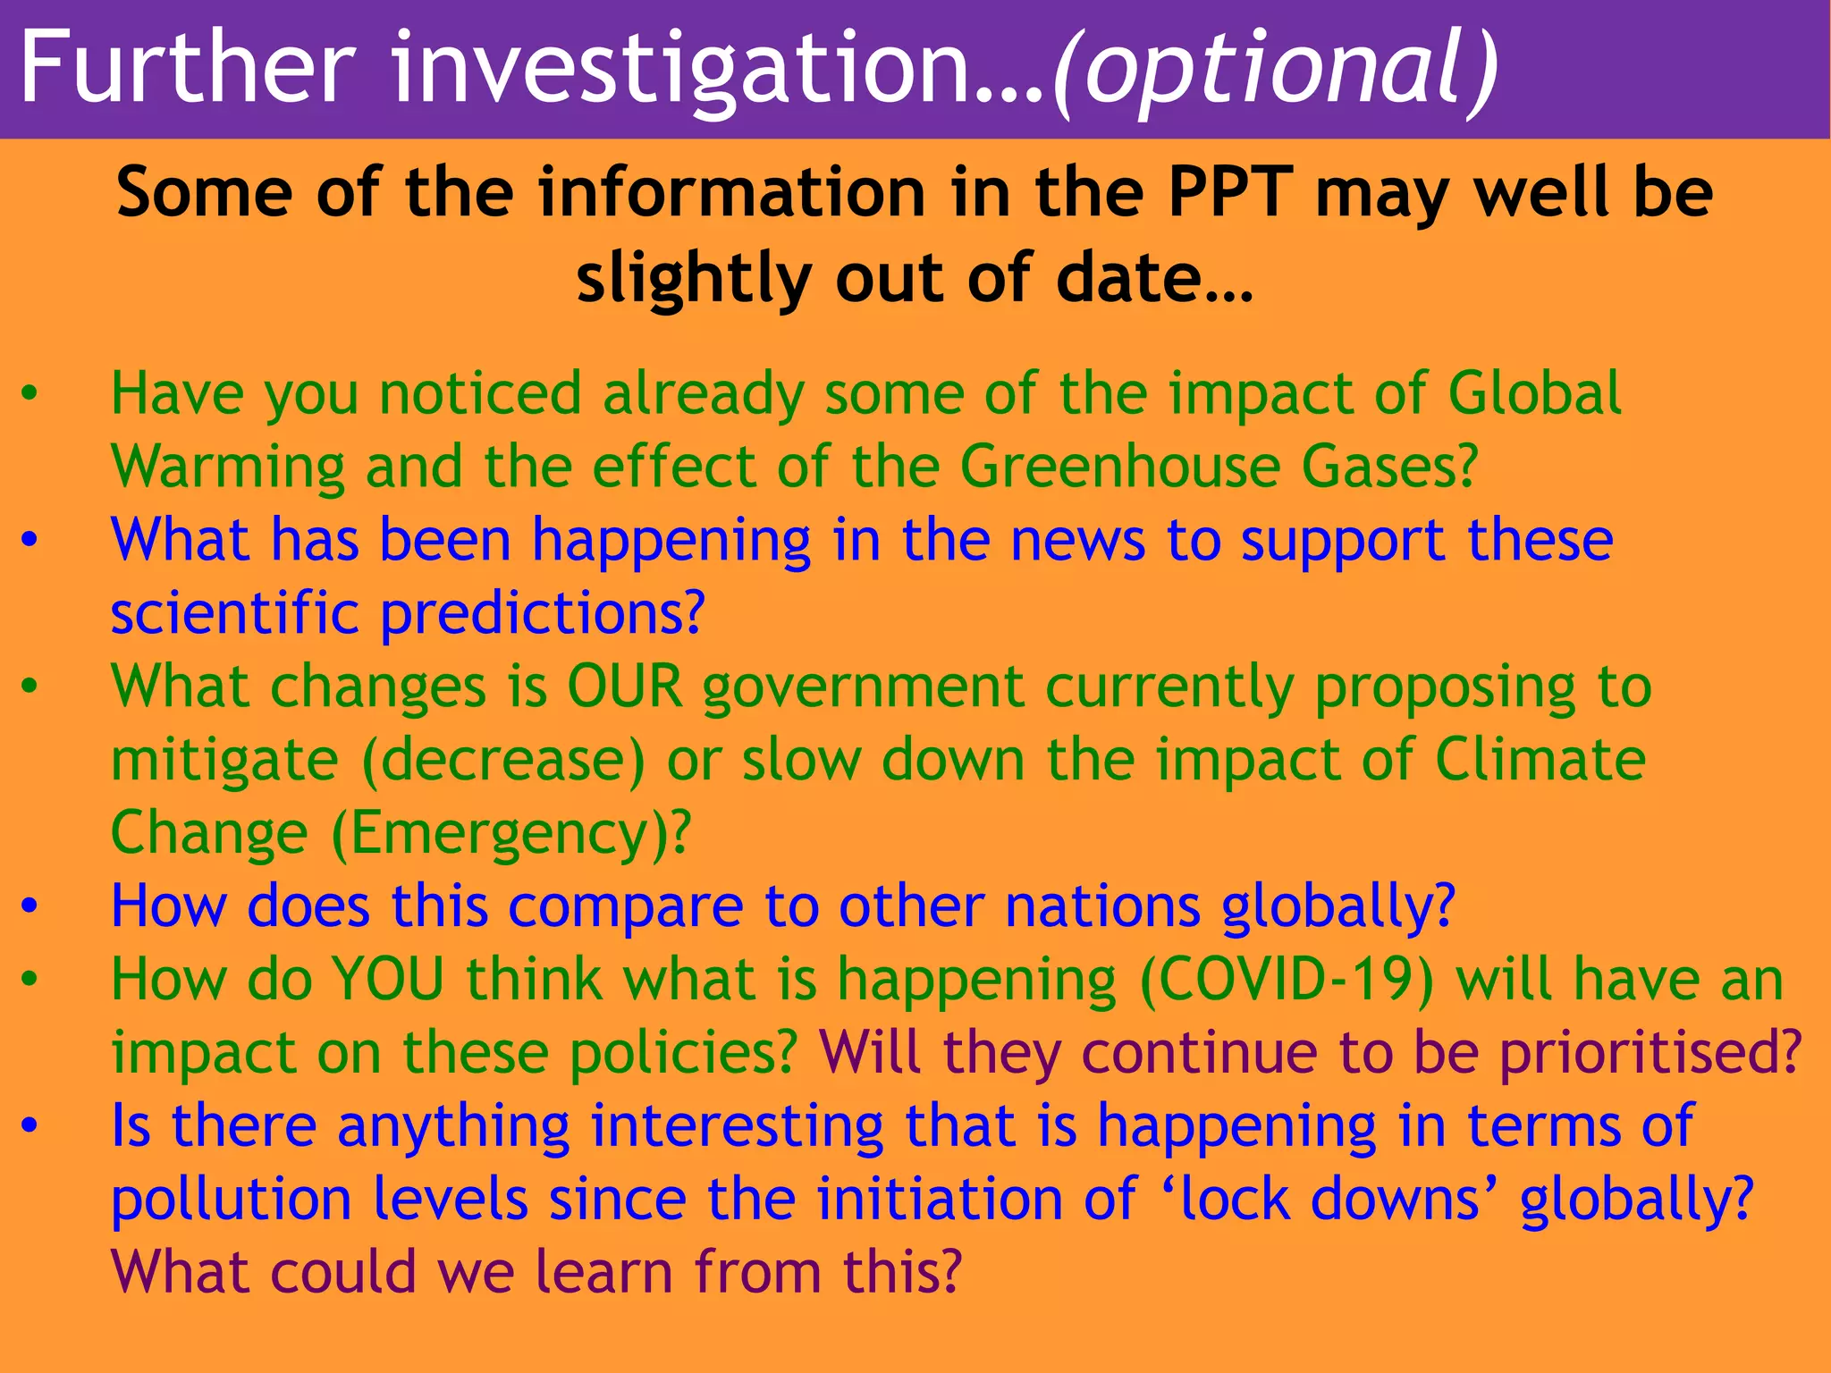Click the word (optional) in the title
coord(1275,70)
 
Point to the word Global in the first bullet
coord(1534,393)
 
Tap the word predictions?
coord(543,614)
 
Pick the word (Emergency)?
coord(510,834)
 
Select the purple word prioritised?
coord(1650,1053)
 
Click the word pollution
coord(232,1200)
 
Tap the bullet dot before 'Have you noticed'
coord(30,394)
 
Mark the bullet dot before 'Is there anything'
coord(30,1126)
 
